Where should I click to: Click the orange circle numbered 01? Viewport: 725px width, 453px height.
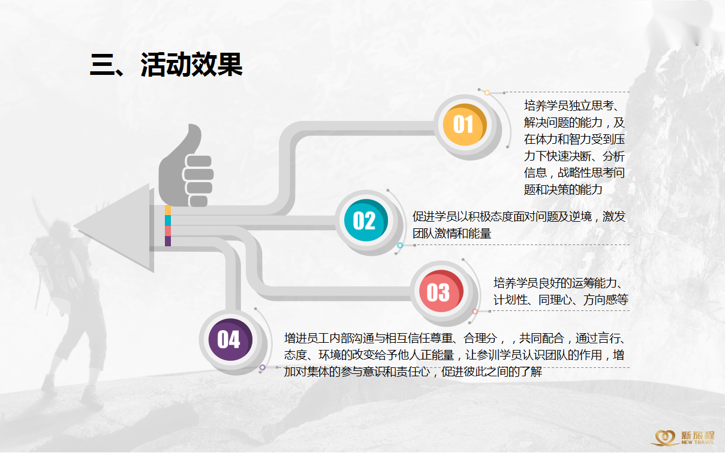(465, 125)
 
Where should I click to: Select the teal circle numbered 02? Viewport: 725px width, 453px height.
(366, 220)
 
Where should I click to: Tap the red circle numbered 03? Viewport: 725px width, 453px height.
(441, 291)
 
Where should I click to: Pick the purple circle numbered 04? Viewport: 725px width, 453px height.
(230, 340)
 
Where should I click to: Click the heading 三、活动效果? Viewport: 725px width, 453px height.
(166, 65)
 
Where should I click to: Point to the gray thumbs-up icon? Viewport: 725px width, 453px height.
(185, 165)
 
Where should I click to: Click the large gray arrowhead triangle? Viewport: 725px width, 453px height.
(114, 228)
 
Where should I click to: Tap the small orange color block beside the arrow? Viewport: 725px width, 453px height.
(168, 210)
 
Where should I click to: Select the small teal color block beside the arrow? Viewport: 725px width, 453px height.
(168, 221)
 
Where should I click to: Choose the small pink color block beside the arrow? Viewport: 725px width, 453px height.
(168, 231)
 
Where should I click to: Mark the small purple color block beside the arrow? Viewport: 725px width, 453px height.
(168, 241)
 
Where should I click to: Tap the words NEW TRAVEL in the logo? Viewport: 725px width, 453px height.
(697, 442)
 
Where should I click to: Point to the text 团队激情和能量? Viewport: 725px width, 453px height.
(452, 233)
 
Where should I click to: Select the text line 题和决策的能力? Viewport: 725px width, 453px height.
(563, 189)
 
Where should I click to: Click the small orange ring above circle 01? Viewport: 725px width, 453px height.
(487, 93)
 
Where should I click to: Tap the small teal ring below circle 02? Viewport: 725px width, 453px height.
(400, 246)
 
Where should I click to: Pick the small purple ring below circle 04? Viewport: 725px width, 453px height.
(263, 367)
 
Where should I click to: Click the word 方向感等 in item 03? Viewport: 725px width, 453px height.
(606, 300)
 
